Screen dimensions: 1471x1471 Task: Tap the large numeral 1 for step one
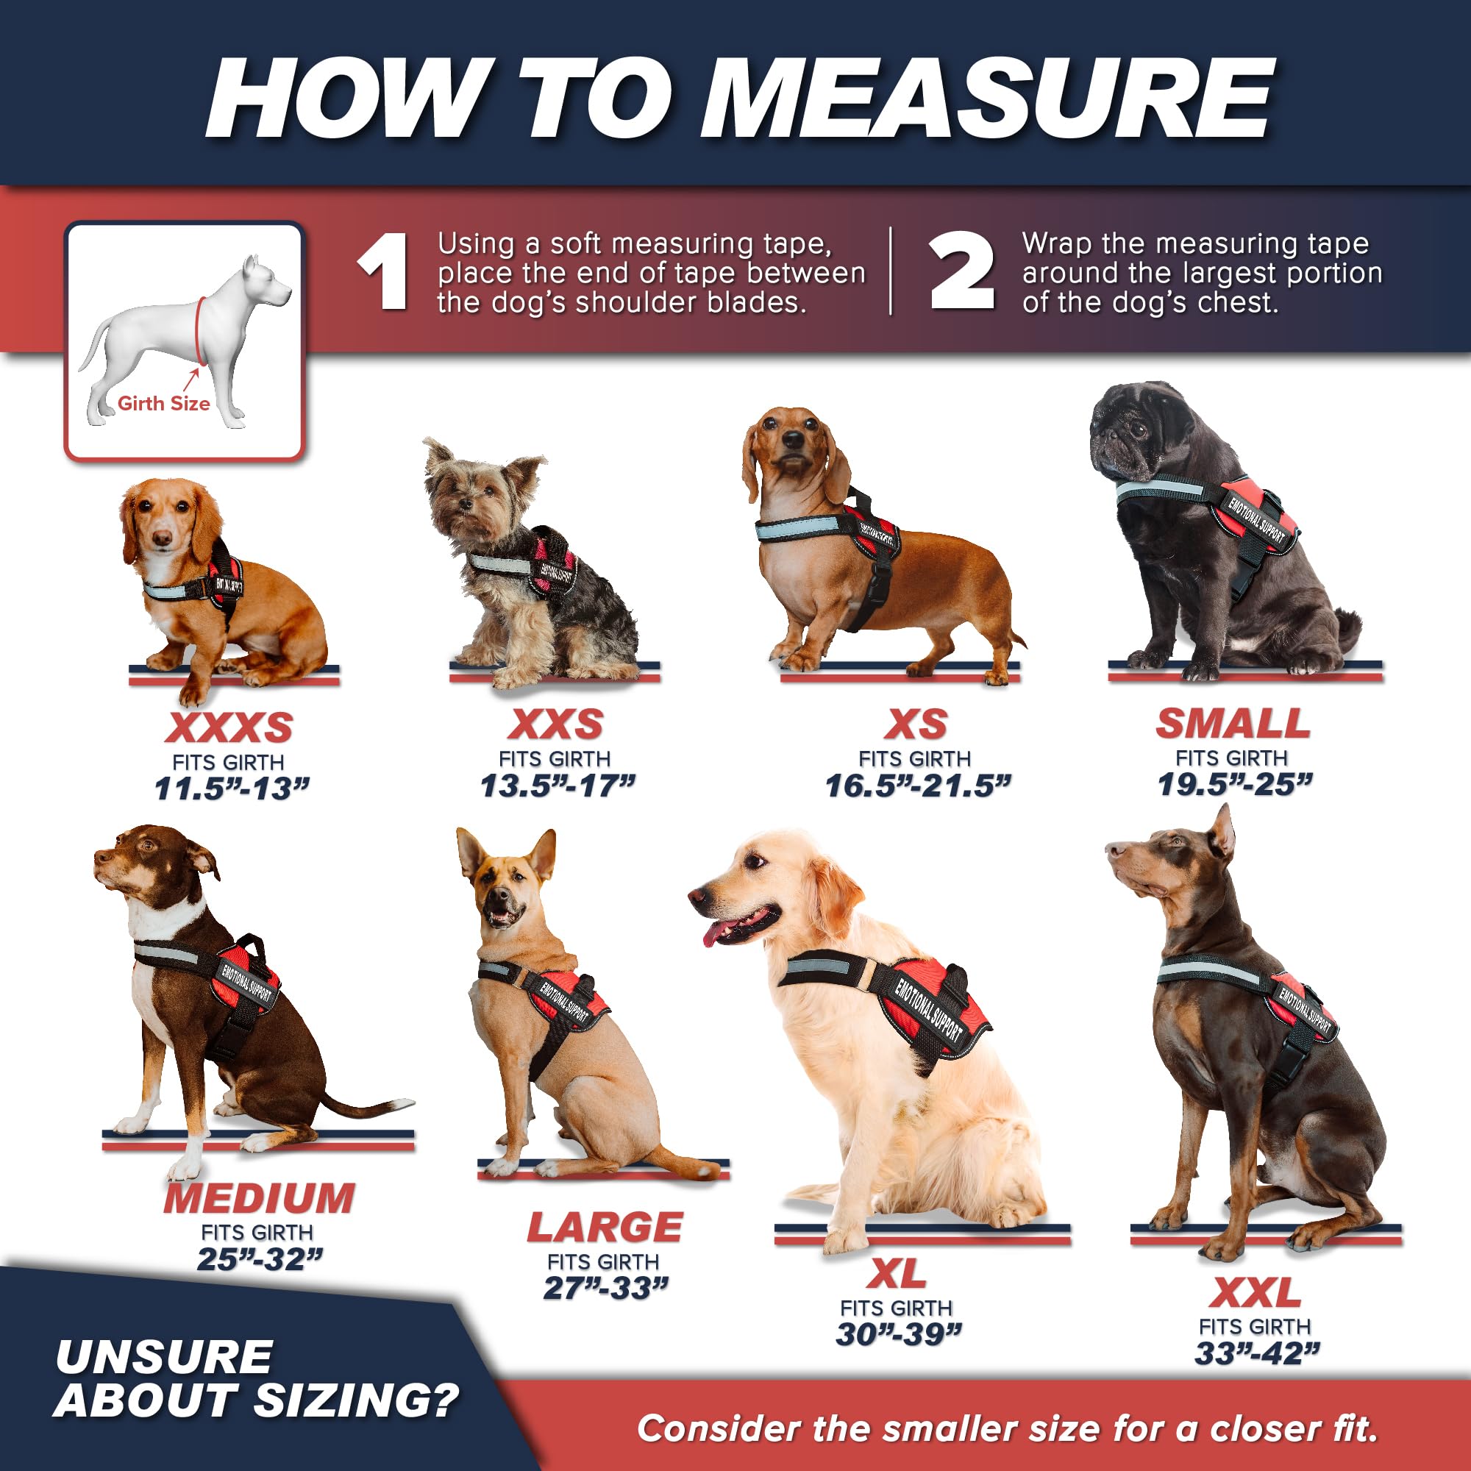(384, 273)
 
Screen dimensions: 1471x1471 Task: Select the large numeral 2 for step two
(961, 271)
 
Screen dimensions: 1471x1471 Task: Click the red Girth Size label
(164, 404)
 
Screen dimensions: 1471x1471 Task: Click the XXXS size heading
(229, 727)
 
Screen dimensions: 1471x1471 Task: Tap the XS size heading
(915, 724)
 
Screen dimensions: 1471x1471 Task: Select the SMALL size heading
(1233, 723)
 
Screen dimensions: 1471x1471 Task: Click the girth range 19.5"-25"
(1234, 784)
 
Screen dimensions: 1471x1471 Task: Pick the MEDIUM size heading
(259, 1198)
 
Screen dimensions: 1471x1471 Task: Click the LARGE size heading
(605, 1228)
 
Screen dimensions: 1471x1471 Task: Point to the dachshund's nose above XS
(794, 439)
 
